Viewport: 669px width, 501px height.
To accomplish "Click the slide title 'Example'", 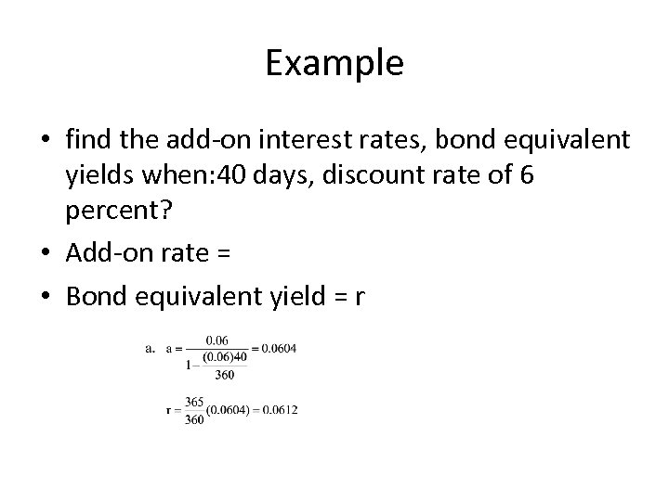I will click(x=334, y=63).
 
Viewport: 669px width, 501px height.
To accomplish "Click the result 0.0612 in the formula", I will click(x=279, y=410).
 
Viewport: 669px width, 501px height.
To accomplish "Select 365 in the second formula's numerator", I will click(x=193, y=402).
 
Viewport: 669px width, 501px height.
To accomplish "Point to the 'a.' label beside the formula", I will click(x=151, y=349).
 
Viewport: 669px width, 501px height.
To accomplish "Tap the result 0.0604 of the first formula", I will click(x=279, y=349).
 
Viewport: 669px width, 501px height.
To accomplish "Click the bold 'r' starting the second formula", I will click(x=169, y=410).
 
